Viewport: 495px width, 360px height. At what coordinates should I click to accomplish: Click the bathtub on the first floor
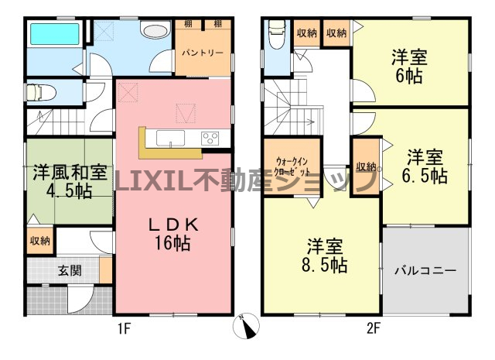pos(55,33)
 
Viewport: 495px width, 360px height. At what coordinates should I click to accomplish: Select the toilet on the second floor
pos(277,34)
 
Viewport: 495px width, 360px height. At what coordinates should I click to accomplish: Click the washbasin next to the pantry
pos(156,31)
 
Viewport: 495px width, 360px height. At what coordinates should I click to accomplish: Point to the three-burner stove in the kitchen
pos(210,139)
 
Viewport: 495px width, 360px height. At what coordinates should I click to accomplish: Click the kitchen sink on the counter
pos(170,138)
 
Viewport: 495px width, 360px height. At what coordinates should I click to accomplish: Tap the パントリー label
pos(203,53)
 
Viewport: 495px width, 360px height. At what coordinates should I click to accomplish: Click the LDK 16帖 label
pos(173,235)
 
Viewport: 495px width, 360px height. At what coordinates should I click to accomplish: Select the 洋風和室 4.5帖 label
pos(70,181)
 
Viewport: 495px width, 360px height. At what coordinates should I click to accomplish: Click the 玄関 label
pos(70,271)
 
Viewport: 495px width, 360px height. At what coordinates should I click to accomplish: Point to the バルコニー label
pos(425,271)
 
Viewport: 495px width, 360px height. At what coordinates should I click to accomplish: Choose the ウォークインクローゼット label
pos(292,166)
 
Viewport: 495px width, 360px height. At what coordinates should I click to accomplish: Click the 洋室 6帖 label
pos(409,67)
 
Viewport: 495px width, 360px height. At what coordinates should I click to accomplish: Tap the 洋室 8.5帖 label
pos(325,256)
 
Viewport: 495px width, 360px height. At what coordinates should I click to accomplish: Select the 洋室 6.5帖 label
pos(425,166)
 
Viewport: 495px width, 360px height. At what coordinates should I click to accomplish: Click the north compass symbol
pos(246,326)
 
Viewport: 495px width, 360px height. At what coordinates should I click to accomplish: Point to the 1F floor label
pos(124,329)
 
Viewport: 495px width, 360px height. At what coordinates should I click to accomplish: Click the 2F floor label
pos(373,329)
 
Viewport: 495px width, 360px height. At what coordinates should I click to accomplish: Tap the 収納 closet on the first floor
pos(40,241)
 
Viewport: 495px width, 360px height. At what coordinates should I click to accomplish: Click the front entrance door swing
pos(80,299)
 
